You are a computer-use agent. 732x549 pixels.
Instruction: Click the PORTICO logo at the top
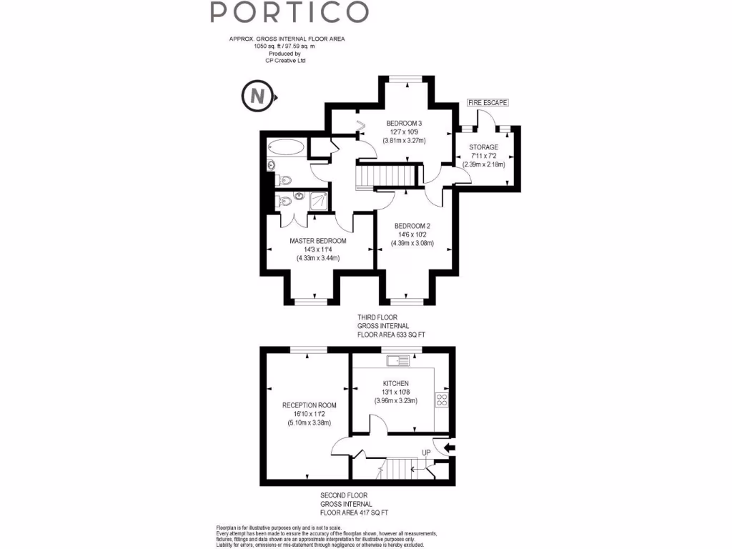point(290,12)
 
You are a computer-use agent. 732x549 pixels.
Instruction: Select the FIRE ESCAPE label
point(488,103)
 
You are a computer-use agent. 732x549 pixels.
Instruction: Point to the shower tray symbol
point(320,201)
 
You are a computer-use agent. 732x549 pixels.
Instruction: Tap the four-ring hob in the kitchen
point(442,400)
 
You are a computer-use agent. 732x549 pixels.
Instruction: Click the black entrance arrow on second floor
point(449,448)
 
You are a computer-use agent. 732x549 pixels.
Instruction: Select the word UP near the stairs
point(426,452)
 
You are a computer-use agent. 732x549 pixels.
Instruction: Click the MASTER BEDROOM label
point(317,241)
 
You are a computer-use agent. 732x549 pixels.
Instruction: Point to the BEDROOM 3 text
point(404,123)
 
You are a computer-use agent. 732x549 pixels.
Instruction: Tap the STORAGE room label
point(483,147)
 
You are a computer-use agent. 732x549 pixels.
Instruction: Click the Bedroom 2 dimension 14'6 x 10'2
point(413,234)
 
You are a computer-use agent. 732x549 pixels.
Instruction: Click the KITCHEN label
point(395,384)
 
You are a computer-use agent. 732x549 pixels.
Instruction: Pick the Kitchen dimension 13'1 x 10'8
point(395,392)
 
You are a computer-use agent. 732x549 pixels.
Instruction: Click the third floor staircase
point(387,174)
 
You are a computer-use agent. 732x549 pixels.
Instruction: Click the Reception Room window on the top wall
point(309,349)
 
